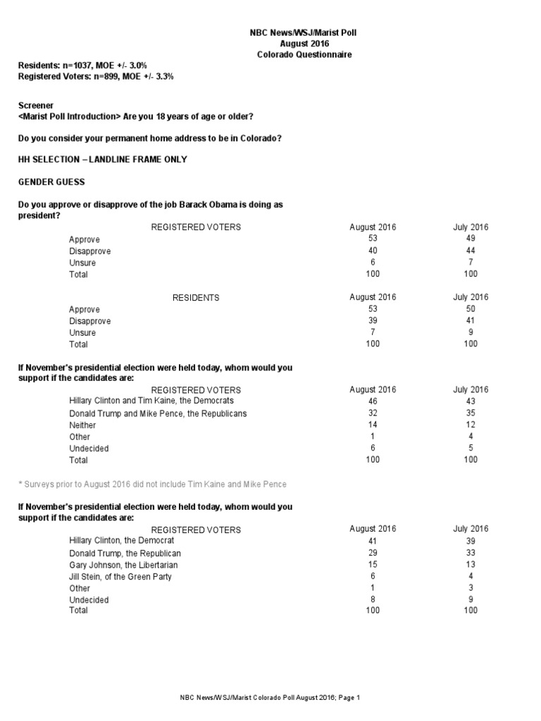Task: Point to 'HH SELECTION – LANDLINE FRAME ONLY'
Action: pos(102,159)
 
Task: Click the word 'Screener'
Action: pos(36,105)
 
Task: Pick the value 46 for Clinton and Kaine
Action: pos(373,401)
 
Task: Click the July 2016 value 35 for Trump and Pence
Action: pos(471,413)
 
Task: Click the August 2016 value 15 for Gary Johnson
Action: pos(373,564)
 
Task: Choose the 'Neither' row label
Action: pos(82,425)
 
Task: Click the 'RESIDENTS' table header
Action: pos(196,298)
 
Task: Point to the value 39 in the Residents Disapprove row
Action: pos(373,320)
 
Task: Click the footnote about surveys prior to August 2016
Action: pos(152,484)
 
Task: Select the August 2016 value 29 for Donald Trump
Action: pos(373,553)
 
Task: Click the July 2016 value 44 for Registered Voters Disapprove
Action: pos(471,251)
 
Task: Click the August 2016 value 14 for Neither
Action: pos(373,425)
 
